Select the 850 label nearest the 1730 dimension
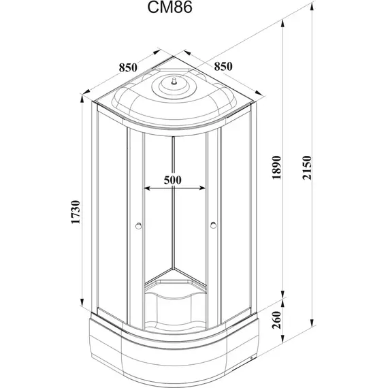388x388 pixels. point(129,67)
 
